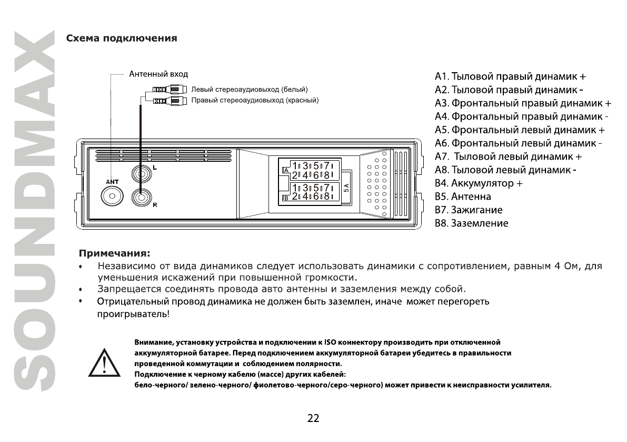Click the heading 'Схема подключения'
pyautogui.click(x=121, y=38)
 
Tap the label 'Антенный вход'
pyautogui.click(x=158, y=74)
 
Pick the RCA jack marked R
pyautogui.click(x=141, y=197)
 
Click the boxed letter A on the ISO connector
pyautogui.click(x=286, y=170)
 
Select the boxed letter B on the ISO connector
pyautogui.click(x=286, y=198)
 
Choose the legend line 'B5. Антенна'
pyautogui.click(x=463, y=197)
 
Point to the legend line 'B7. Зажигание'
pyautogui.click(x=469, y=210)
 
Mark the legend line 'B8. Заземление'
pyautogui.click(x=472, y=223)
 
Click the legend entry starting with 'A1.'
pyautogui.click(x=510, y=75)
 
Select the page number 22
pyautogui.click(x=313, y=419)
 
